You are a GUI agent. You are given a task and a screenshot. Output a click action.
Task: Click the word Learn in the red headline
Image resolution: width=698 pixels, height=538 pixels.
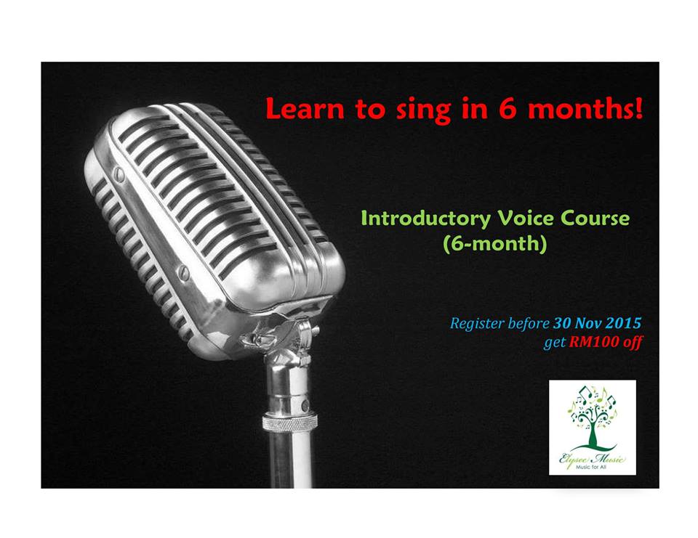(x=305, y=109)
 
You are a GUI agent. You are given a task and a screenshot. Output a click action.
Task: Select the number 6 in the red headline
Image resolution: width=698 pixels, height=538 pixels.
(x=507, y=108)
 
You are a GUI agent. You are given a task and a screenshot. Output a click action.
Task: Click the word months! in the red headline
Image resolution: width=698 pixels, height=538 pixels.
(x=585, y=108)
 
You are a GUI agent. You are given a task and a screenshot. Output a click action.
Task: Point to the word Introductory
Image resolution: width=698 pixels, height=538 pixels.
(x=425, y=219)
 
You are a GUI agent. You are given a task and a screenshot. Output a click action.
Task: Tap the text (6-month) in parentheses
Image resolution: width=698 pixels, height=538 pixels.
(x=494, y=244)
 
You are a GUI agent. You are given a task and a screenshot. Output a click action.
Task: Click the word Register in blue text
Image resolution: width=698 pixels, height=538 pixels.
(x=477, y=324)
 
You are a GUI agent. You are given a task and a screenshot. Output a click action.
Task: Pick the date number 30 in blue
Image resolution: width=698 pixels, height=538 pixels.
(x=562, y=323)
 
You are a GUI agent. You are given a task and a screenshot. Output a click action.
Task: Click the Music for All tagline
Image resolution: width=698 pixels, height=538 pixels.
(x=591, y=468)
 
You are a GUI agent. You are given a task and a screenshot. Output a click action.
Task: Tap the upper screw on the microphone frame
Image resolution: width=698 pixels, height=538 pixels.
(x=119, y=175)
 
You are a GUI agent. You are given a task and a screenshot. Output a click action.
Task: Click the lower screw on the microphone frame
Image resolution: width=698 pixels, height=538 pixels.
(x=184, y=272)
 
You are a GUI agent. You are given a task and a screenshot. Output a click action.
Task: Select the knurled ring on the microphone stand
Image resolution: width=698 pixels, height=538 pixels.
(x=290, y=423)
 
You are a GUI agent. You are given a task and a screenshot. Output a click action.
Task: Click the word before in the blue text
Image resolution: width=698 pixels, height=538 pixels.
(x=529, y=323)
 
